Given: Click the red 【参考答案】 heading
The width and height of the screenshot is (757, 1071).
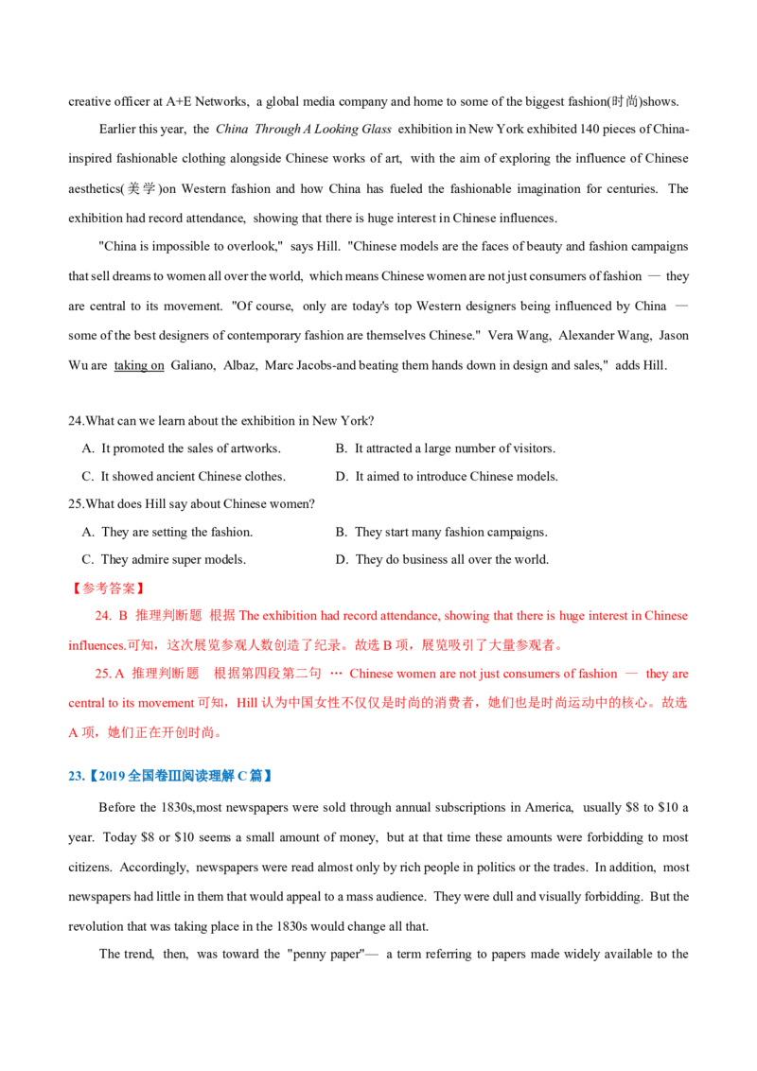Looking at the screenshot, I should tap(107, 588).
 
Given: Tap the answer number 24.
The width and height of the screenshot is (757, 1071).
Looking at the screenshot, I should tap(98, 616).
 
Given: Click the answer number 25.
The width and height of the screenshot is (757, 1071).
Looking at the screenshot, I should tap(98, 675).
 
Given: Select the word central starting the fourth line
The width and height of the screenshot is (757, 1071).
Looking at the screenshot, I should tap(81, 704).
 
